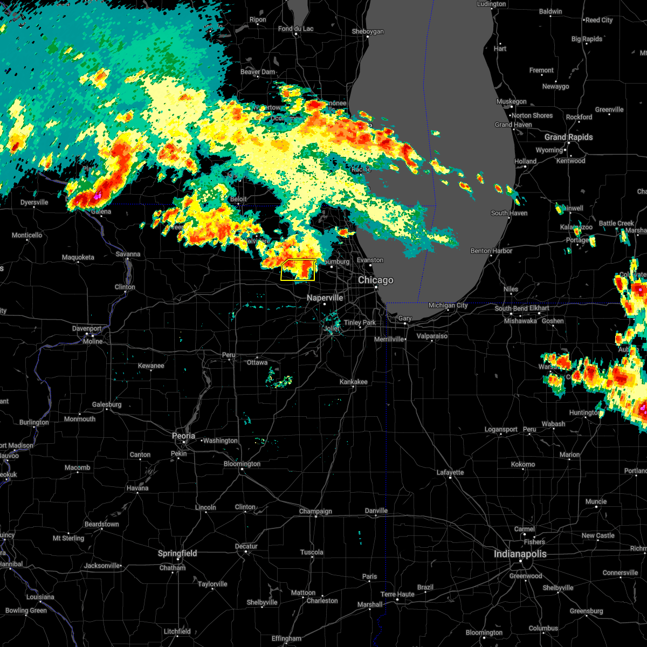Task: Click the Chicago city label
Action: (376, 280)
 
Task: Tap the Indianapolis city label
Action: (520, 554)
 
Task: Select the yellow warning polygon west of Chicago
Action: (298, 270)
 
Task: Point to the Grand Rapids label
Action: (568, 137)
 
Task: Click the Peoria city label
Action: (183, 436)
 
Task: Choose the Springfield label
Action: (177, 554)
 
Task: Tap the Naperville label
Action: (325, 298)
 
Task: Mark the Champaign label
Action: (315, 511)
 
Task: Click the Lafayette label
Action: (450, 472)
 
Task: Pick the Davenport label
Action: (87, 328)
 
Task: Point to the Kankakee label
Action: (353, 382)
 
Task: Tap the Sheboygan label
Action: (368, 32)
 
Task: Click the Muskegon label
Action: (511, 101)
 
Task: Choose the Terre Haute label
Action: (397, 594)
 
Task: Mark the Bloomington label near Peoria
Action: (242, 464)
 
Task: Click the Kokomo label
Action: (522, 464)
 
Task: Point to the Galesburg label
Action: (107, 404)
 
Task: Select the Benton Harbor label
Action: (491, 251)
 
